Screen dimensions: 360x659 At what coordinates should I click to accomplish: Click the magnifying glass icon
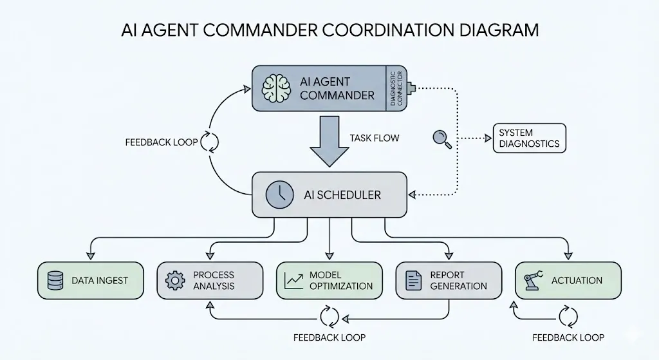point(442,138)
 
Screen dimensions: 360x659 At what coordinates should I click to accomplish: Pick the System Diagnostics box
point(529,138)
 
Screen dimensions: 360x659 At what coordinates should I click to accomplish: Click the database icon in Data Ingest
point(55,281)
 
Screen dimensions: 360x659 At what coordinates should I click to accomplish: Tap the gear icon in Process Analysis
point(175,281)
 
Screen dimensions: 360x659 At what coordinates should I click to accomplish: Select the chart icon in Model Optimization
point(294,281)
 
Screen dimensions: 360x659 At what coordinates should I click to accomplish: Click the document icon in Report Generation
point(413,281)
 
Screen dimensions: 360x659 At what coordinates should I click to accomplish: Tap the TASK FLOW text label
point(374,138)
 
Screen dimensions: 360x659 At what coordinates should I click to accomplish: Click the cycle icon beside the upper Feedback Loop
point(210,142)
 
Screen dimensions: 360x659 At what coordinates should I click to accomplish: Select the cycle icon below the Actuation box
point(568,317)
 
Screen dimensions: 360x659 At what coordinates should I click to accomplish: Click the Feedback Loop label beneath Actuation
point(568,337)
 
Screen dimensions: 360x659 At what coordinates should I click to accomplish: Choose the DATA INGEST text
point(100,281)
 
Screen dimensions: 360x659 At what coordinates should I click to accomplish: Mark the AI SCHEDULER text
point(342,194)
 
